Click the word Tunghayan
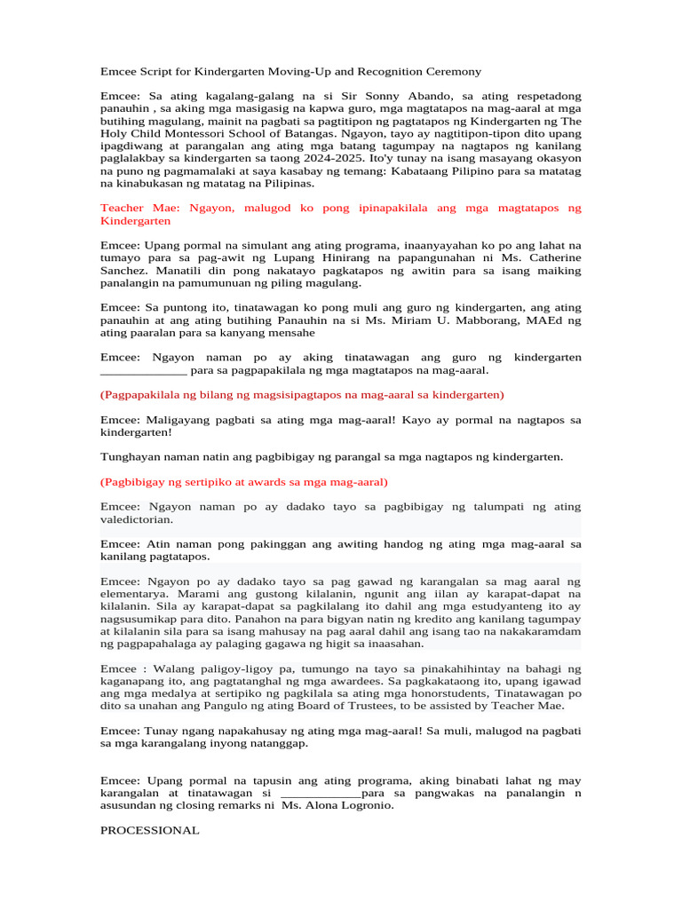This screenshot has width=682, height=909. [x=131, y=456]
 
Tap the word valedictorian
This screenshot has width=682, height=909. [x=136, y=519]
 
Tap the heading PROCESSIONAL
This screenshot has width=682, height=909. [x=149, y=830]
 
